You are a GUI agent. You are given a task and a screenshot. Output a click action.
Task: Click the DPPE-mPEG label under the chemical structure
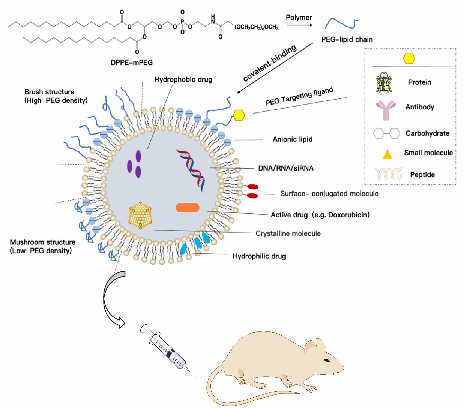131,63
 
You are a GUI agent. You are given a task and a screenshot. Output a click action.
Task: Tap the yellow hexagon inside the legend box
409,58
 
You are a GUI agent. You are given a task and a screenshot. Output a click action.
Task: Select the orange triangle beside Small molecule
387,154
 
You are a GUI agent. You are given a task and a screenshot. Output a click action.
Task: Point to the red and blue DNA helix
192,170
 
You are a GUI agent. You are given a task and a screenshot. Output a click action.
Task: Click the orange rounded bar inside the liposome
187,208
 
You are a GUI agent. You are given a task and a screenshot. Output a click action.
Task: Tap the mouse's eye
327,360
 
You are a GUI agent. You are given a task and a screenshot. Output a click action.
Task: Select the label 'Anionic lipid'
292,139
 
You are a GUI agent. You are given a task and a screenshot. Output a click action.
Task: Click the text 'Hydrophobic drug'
183,80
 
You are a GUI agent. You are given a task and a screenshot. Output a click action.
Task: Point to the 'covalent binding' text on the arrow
270,63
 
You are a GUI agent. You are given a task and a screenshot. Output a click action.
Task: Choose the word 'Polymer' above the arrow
299,18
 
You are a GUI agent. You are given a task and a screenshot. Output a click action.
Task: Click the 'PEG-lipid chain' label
347,39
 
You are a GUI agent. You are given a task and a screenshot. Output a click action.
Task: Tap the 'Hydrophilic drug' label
259,256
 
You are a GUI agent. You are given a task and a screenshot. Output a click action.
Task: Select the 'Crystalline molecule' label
288,234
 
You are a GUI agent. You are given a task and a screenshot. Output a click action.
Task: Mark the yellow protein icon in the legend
384,82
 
